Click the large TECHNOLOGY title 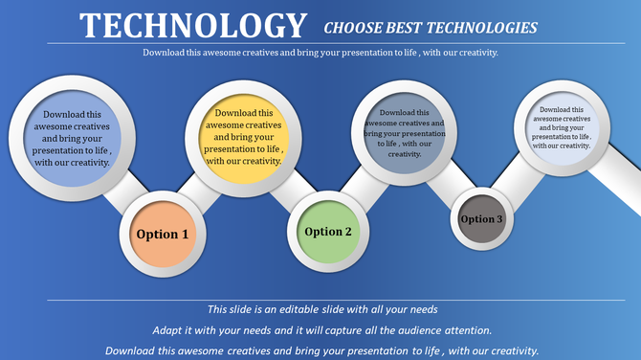(x=194, y=25)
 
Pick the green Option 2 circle (x=328, y=232)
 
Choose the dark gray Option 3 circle (x=481, y=219)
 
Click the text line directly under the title (x=320, y=53)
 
